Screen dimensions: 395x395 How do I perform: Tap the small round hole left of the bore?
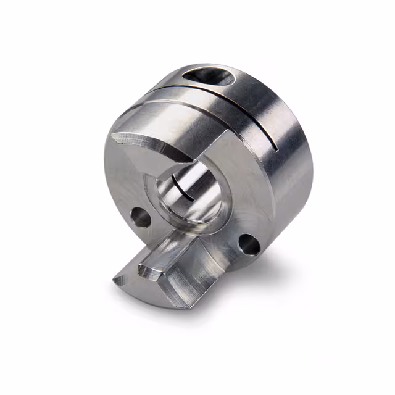click(x=141, y=217)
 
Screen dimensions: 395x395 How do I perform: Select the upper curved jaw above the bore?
click(x=154, y=148)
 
